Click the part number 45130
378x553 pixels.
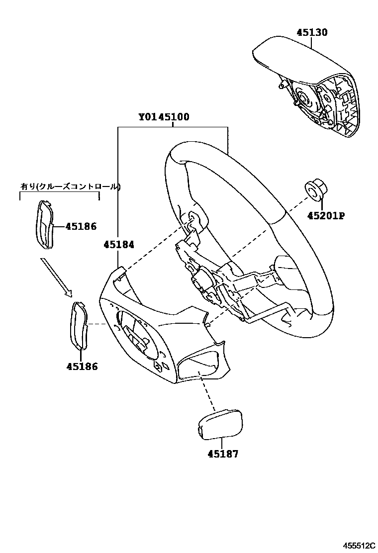pyautogui.click(x=312, y=33)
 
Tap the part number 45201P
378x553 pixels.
pyautogui.click(x=326, y=216)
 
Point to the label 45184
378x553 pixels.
pyautogui.click(x=119, y=244)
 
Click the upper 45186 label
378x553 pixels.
pyautogui.click(x=81, y=226)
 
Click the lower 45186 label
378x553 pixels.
pyautogui.click(x=82, y=367)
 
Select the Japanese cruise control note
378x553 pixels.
pyautogui.click(x=70, y=186)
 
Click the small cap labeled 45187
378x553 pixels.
pyautogui.click(x=220, y=423)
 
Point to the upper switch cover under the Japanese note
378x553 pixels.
pyautogui.click(x=46, y=224)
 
